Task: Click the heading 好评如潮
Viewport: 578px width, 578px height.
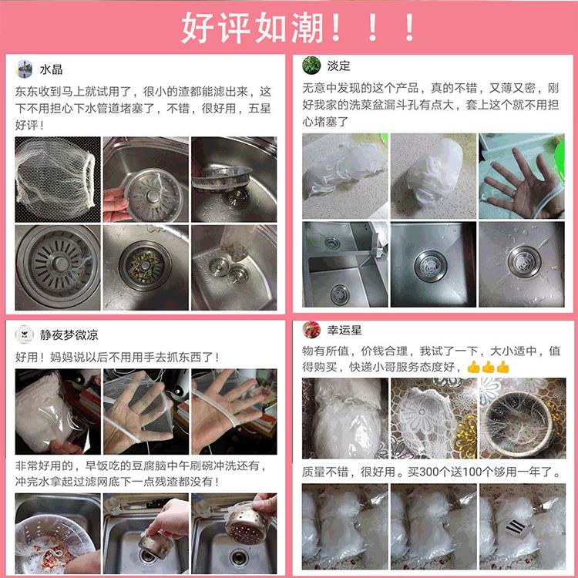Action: [x=254, y=28]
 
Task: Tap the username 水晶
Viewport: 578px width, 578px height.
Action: [x=51, y=69]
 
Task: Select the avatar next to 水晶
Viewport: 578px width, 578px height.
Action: [x=25, y=69]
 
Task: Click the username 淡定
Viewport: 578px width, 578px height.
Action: [x=338, y=66]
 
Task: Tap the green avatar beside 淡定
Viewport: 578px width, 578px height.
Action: [x=311, y=66]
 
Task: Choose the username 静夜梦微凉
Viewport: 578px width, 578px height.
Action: [x=69, y=334]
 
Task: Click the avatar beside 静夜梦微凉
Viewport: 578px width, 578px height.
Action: [x=25, y=334]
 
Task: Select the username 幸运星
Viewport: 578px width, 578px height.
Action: [x=344, y=330]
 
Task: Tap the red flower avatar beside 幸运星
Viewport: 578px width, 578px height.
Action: [x=311, y=330]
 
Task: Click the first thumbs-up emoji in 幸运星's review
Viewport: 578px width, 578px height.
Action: [x=473, y=367]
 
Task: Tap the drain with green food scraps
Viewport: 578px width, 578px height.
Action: [x=145, y=266]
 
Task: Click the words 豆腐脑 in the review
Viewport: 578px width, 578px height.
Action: [x=150, y=465]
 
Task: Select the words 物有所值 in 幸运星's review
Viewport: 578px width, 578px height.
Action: [x=325, y=351]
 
